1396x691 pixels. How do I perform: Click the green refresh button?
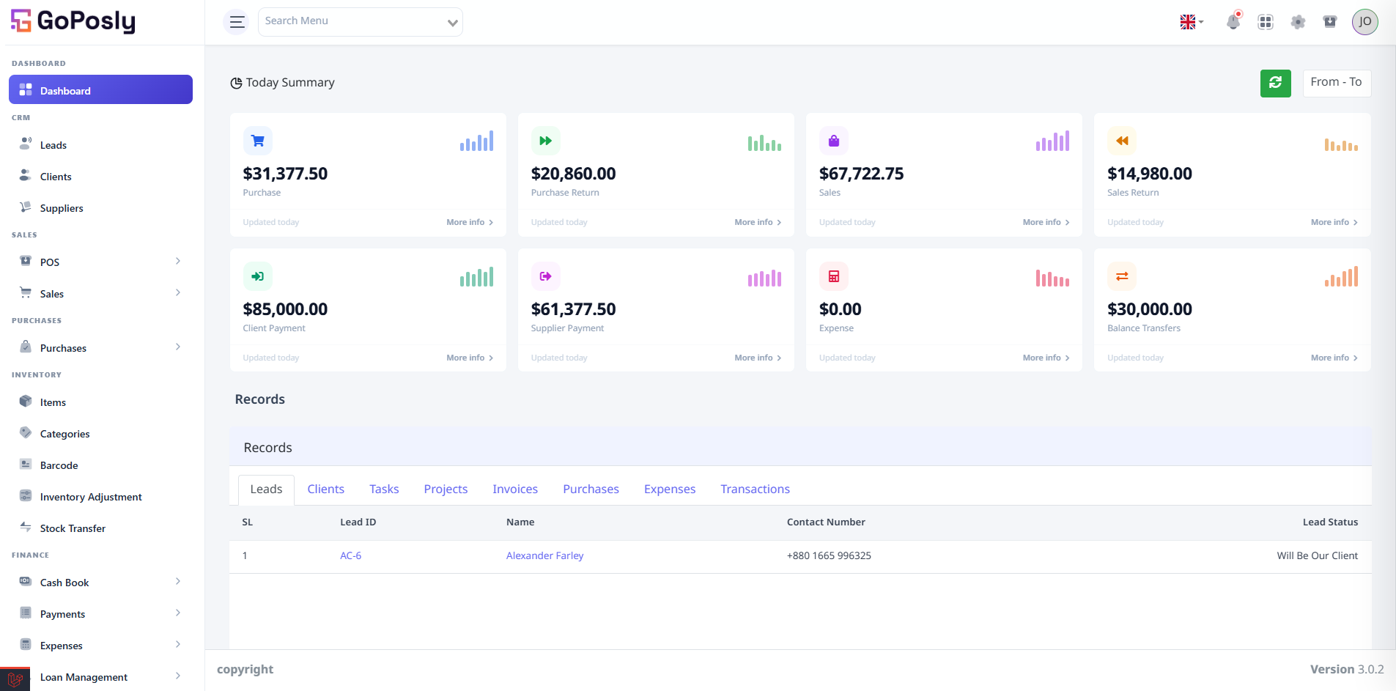[1275, 83]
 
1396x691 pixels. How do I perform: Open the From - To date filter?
[1337, 83]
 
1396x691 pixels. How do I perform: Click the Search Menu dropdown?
[360, 22]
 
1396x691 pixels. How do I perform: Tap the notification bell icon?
[1233, 21]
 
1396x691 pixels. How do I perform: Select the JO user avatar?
[1364, 22]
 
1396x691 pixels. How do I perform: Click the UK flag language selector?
[1192, 22]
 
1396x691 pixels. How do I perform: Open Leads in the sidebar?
[53, 145]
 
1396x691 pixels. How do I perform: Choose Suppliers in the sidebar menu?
[62, 208]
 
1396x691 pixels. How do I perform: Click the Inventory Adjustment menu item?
[91, 497]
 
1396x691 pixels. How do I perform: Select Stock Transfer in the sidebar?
[73, 528]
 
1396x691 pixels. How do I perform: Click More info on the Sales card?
[1046, 222]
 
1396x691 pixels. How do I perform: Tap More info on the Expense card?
[1046, 358]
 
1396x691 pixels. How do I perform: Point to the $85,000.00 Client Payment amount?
[285, 309]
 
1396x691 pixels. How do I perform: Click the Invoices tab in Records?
[515, 489]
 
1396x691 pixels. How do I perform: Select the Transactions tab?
[755, 489]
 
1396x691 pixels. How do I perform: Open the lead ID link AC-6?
[350, 556]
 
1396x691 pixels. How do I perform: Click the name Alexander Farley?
[544, 556]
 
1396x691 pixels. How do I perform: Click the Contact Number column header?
[826, 522]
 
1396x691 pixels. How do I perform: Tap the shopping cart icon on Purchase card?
[258, 141]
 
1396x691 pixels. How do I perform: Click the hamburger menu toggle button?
[236, 22]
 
